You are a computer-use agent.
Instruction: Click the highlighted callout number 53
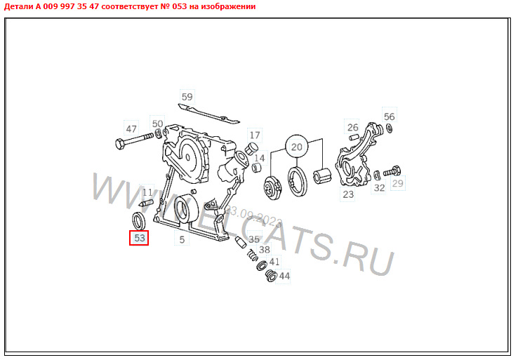coord(140,239)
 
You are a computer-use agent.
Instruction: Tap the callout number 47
coord(131,129)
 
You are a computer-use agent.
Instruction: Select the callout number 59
coord(187,97)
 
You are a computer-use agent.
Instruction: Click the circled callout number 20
coord(296,147)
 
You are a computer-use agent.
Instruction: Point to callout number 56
coord(389,117)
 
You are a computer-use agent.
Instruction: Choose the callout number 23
coord(348,194)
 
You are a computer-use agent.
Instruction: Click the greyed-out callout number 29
coord(398,183)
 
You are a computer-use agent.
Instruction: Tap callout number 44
coord(284,276)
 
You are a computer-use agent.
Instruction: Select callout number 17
coord(254,135)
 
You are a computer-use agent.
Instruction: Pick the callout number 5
coord(181,241)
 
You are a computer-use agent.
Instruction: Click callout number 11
coord(147,192)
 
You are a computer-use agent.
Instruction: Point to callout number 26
coord(353,128)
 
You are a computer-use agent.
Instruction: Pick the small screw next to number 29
coord(392,171)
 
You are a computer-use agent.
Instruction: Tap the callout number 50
coord(157,124)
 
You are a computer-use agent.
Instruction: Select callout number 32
coord(379,187)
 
